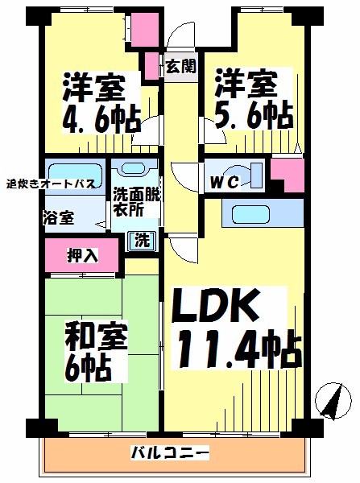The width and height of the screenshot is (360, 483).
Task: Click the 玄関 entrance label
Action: tap(181, 66)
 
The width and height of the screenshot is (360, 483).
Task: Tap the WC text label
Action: tap(225, 182)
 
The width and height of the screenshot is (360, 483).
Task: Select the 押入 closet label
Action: tap(82, 255)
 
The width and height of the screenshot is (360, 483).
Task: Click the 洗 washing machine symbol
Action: tap(143, 241)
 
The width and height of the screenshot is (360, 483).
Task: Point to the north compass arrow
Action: tap(333, 401)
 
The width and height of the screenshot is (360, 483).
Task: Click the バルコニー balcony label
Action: tap(171, 452)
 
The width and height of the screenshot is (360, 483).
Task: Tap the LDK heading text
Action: tap(215, 306)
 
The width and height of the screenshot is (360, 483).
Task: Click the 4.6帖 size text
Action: tap(101, 121)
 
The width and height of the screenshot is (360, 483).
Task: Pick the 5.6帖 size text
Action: tap(254, 115)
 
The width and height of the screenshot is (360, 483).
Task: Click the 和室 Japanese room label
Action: tap(96, 337)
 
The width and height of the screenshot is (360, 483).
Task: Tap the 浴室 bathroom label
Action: tap(59, 218)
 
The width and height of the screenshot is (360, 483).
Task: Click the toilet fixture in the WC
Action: tap(246, 175)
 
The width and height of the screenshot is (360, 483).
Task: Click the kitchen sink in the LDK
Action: tap(251, 214)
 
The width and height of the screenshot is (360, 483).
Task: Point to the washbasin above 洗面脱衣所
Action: tap(134, 167)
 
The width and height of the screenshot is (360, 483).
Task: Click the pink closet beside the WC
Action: tap(288, 175)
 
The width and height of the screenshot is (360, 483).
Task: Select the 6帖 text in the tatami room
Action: tap(88, 368)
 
